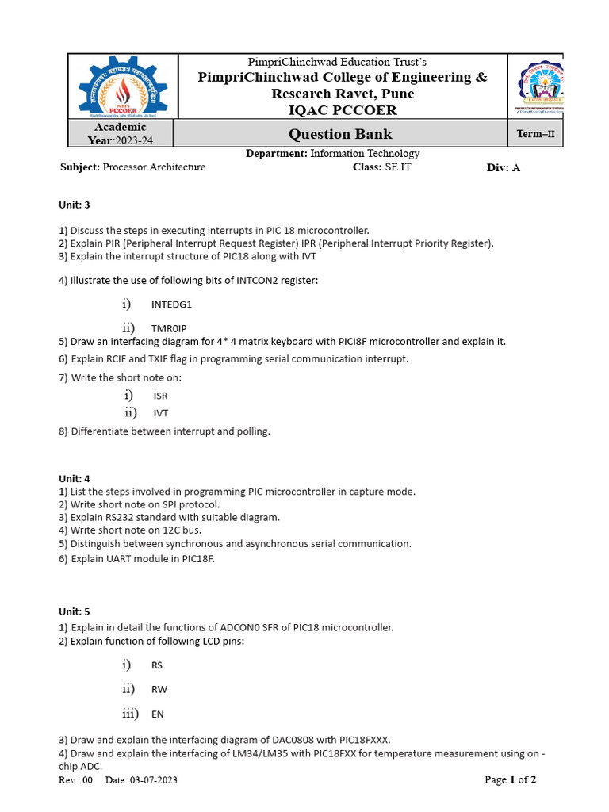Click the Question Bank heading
click(x=339, y=134)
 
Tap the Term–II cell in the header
click(x=535, y=134)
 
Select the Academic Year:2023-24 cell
click(x=120, y=134)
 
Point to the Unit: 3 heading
click(x=75, y=205)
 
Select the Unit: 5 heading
click(x=75, y=611)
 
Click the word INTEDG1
click(x=171, y=304)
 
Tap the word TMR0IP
click(x=169, y=328)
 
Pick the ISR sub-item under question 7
click(x=160, y=396)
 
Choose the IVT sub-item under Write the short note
click(x=161, y=413)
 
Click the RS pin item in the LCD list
click(x=157, y=665)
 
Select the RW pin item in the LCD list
click(x=159, y=690)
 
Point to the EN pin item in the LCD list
click(x=158, y=714)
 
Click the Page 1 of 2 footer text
click(x=510, y=780)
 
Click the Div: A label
click(x=503, y=167)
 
